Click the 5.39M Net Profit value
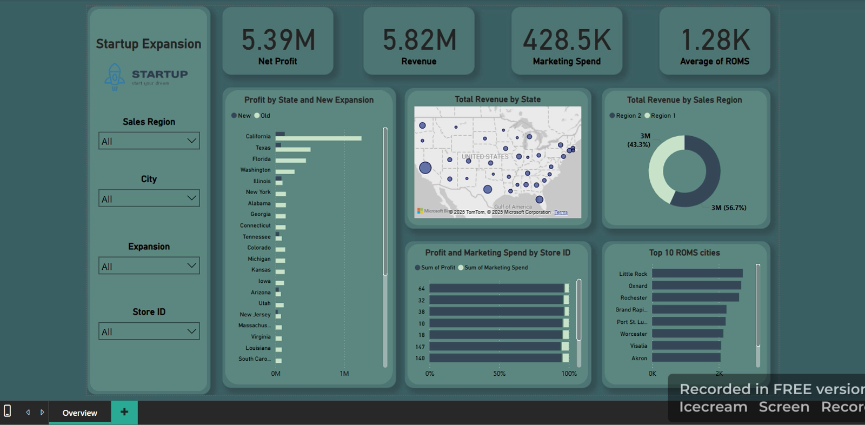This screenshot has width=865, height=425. [278, 40]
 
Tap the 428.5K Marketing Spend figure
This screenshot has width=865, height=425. [567, 40]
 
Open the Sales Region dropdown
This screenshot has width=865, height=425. [149, 141]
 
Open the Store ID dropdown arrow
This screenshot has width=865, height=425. [191, 331]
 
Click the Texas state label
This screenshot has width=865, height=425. [263, 148]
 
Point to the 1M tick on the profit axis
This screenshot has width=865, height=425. [344, 374]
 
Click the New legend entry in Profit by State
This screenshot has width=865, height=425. [241, 116]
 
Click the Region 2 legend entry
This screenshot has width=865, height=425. [625, 116]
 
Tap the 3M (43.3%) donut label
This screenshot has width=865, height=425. [638, 141]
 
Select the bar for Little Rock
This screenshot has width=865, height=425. [697, 274]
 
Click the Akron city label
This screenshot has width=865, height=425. [639, 358]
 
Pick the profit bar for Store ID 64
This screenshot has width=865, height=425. [496, 289]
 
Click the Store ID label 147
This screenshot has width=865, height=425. [420, 347]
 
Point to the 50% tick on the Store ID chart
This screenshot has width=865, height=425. [499, 374]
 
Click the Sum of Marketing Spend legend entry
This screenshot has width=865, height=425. [493, 268]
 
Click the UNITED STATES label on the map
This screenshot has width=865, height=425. [485, 156]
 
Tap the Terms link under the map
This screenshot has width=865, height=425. [561, 212]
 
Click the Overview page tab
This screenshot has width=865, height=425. [79, 413]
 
